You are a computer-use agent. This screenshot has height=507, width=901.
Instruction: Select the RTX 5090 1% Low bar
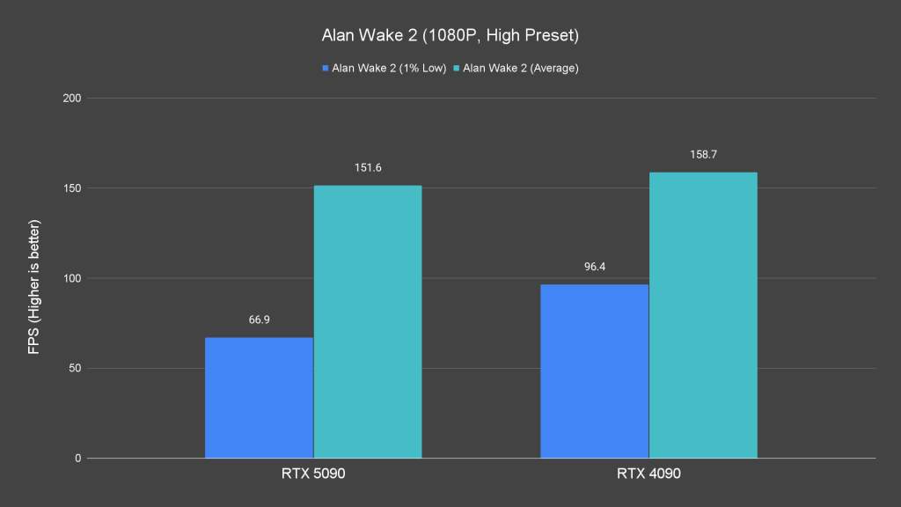pos(259,397)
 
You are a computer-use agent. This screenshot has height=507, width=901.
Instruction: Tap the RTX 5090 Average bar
pos(368,321)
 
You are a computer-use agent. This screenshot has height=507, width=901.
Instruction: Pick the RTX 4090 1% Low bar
pos(594,371)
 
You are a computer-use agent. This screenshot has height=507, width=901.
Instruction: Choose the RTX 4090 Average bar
pos(703,315)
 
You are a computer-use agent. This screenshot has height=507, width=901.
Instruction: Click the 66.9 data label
pos(259,320)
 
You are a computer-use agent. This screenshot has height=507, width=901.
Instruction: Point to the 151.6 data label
pos(368,167)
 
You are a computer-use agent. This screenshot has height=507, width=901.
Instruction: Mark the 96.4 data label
pos(594,266)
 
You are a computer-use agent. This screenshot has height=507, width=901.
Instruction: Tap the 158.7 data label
pos(703,154)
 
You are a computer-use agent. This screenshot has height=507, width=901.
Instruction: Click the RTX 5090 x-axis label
pos(313,474)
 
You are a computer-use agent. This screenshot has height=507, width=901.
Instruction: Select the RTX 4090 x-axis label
pos(648,474)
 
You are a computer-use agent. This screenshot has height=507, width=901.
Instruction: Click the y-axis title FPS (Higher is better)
pos(34,278)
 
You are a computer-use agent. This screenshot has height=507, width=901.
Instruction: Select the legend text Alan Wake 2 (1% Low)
pos(389,68)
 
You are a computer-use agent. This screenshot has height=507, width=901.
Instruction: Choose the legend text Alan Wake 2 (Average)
pos(520,68)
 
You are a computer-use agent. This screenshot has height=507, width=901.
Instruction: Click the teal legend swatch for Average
pos(456,68)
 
